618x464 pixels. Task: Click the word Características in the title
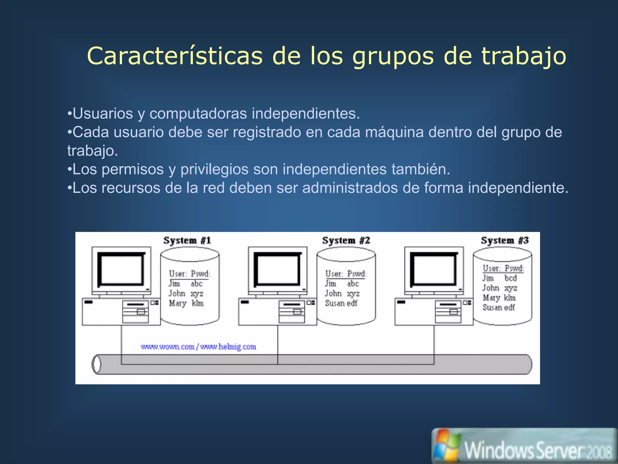[175, 56]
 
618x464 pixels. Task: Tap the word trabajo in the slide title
[524, 56]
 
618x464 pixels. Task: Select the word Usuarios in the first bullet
[103, 114]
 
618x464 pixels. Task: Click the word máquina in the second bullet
[394, 132]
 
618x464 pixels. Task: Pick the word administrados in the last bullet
[350, 188]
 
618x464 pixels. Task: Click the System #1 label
[187, 240]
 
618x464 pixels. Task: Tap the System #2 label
[346, 240]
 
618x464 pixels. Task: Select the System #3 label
[505, 240]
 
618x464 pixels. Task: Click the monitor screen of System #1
[121, 269]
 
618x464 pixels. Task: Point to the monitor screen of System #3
[434, 269]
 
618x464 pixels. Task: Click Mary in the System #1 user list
[177, 303]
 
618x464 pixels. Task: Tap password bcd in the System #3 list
[511, 278]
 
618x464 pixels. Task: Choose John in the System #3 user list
[491, 288]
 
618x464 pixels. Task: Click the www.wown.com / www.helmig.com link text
[199, 347]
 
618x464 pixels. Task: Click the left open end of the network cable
[96, 364]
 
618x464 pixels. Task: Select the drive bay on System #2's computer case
[292, 311]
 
